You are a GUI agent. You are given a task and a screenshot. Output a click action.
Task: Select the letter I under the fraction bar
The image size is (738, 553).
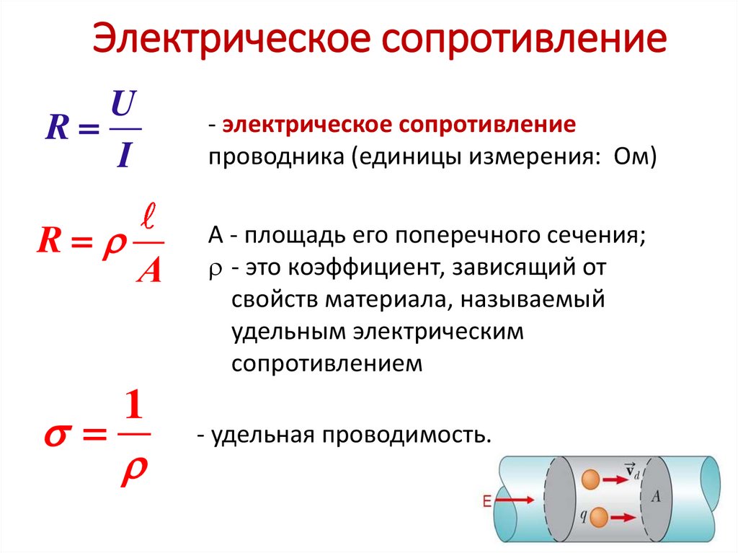pyautogui.click(x=123, y=154)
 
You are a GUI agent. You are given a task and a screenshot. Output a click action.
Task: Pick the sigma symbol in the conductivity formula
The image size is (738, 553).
pyautogui.click(x=58, y=437)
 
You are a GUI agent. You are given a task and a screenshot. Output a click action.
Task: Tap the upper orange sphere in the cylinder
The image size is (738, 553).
pyautogui.click(x=590, y=479)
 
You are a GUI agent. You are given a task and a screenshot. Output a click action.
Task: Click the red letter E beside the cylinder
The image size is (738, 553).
pyautogui.click(x=487, y=503)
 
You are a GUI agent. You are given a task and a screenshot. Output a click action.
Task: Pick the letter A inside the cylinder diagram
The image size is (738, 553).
pyautogui.click(x=654, y=497)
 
